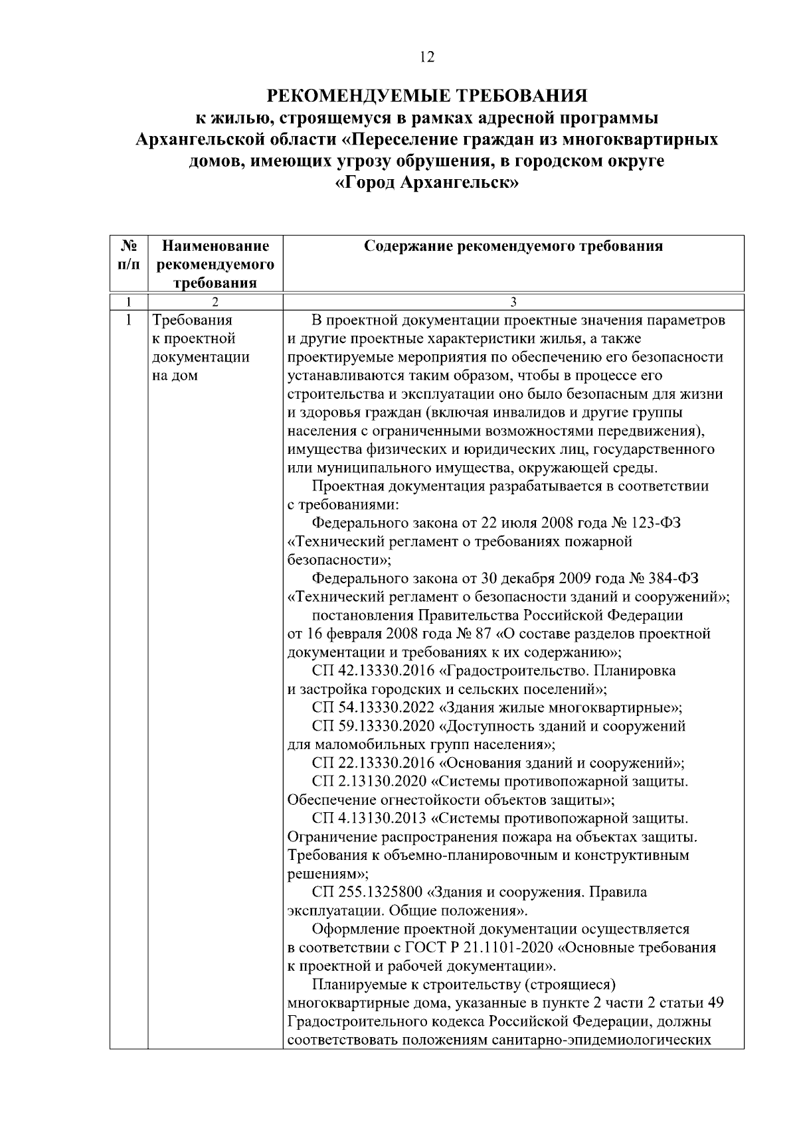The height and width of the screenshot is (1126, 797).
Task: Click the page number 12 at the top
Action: pyautogui.click(x=427, y=58)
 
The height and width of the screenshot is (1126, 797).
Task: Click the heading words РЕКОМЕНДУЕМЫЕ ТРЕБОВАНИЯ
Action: pyautogui.click(x=426, y=96)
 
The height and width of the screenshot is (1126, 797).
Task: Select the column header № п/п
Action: pyautogui.click(x=129, y=255)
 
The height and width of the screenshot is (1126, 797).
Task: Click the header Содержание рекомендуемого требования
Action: pyautogui.click(x=513, y=247)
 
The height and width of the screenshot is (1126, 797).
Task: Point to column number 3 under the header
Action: pyautogui.click(x=513, y=303)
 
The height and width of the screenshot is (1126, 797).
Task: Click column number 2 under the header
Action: pyautogui.click(x=215, y=303)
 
